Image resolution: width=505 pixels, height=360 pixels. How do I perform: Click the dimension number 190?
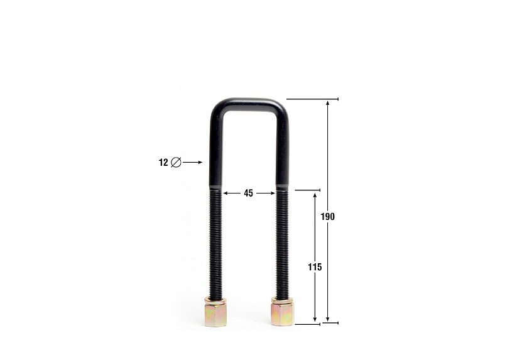pyautogui.click(x=327, y=217)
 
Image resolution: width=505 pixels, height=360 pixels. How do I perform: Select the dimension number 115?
pyautogui.click(x=315, y=267)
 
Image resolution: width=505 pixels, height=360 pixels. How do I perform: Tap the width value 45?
pyautogui.click(x=248, y=194)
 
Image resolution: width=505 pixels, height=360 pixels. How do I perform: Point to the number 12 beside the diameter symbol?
pyautogui.click(x=163, y=163)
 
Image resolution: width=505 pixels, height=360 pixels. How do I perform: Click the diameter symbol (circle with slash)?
pyautogui.click(x=176, y=162)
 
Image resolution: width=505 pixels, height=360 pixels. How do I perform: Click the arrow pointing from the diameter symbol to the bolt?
pyautogui.click(x=192, y=163)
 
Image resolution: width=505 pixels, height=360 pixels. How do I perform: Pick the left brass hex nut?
pyautogui.click(x=215, y=315)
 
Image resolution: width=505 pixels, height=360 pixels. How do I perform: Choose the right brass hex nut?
pyautogui.click(x=282, y=314)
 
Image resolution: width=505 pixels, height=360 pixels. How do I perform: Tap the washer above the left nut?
pyautogui.click(x=215, y=302)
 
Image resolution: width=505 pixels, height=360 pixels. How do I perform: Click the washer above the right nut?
pyautogui.click(x=282, y=300)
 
